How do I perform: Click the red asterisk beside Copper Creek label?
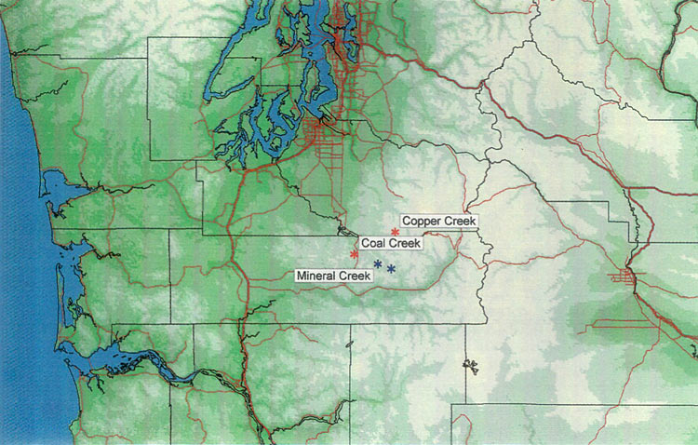(x=396, y=232)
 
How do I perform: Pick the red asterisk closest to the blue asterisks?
(x=355, y=254)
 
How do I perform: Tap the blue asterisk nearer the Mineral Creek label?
(x=378, y=264)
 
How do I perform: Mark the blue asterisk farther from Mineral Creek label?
(x=392, y=269)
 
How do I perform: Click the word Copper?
(x=422, y=222)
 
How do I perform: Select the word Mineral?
(x=316, y=276)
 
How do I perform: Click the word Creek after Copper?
(x=458, y=222)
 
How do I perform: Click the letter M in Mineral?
(x=300, y=276)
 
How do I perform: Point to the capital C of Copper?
(x=406, y=222)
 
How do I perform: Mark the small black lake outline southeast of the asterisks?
(x=467, y=364)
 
